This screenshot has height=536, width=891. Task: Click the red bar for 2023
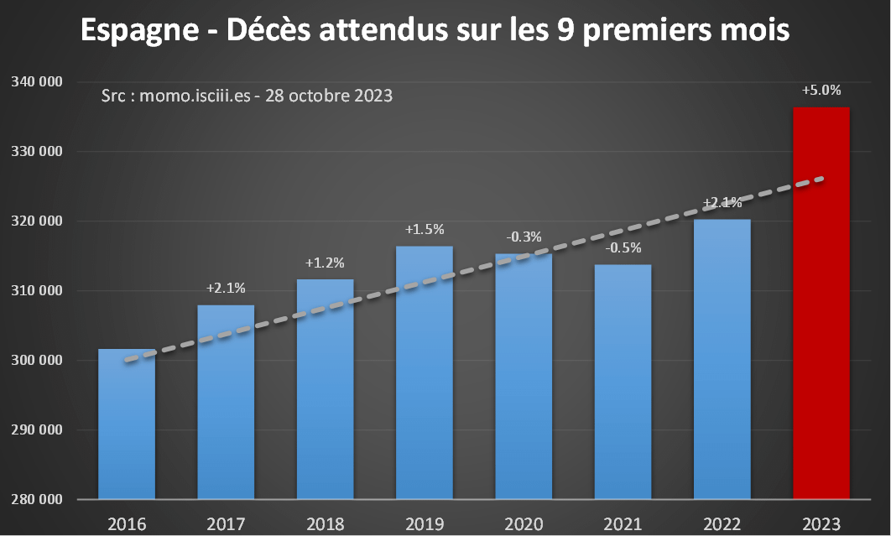coord(821,303)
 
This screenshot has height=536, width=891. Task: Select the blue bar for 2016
coord(127,424)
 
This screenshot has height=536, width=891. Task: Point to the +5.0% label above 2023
coord(821,91)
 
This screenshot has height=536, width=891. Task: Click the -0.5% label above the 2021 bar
coord(623,248)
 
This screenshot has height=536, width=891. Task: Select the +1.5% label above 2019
coord(424,229)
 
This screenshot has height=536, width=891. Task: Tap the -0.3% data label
coord(523,237)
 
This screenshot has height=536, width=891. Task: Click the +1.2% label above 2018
coord(325,263)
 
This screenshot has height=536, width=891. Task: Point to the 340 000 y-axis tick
coord(37,82)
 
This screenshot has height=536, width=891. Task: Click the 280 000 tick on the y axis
coord(37,500)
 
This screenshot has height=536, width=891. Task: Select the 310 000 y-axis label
coord(37,291)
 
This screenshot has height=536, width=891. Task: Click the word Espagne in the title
coord(138,30)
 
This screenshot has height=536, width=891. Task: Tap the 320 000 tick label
coord(37,221)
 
